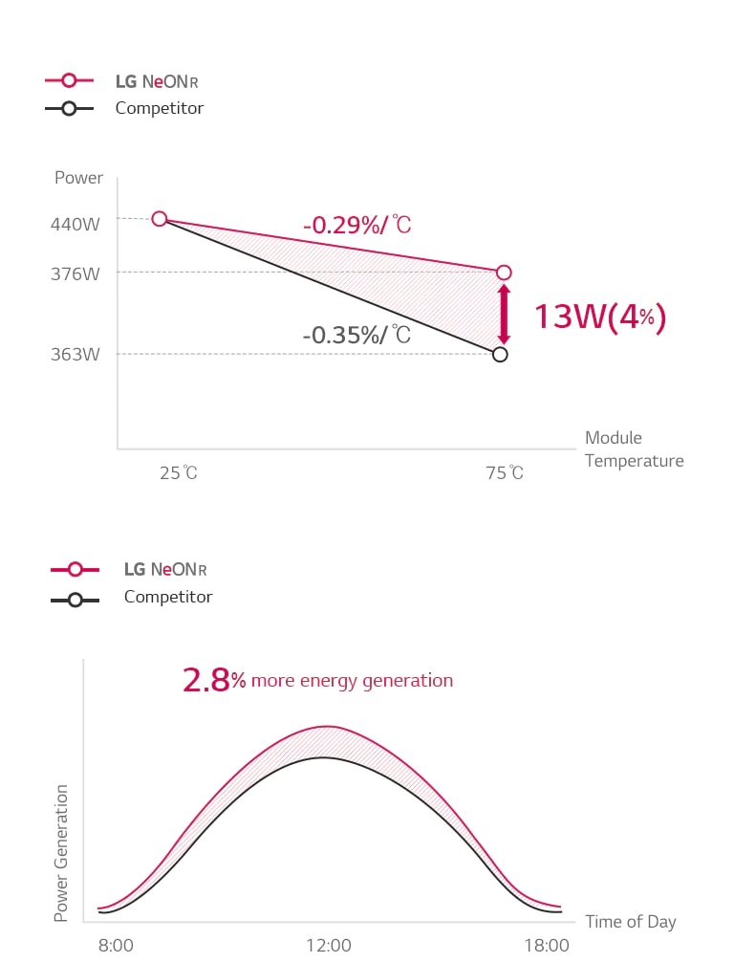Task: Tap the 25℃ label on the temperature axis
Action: [x=179, y=473]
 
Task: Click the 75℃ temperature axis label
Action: [x=505, y=473]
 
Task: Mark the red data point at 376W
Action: [x=504, y=273]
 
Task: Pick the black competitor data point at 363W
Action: [x=500, y=355]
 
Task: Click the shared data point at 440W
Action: [x=160, y=219]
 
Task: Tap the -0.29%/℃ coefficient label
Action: [x=356, y=226]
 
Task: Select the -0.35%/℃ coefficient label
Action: [x=356, y=335]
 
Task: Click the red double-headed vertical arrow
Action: [x=504, y=314]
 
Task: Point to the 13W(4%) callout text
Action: [x=598, y=317]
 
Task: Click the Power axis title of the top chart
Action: [x=78, y=178]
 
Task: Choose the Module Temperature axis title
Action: [x=634, y=449]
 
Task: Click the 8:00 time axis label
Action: [x=117, y=945]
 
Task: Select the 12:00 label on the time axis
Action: [x=329, y=945]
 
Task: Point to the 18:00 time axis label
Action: [x=548, y=945]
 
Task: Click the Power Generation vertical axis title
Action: [x=62, y=853]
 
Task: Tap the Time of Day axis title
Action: [x=630, y=922]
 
